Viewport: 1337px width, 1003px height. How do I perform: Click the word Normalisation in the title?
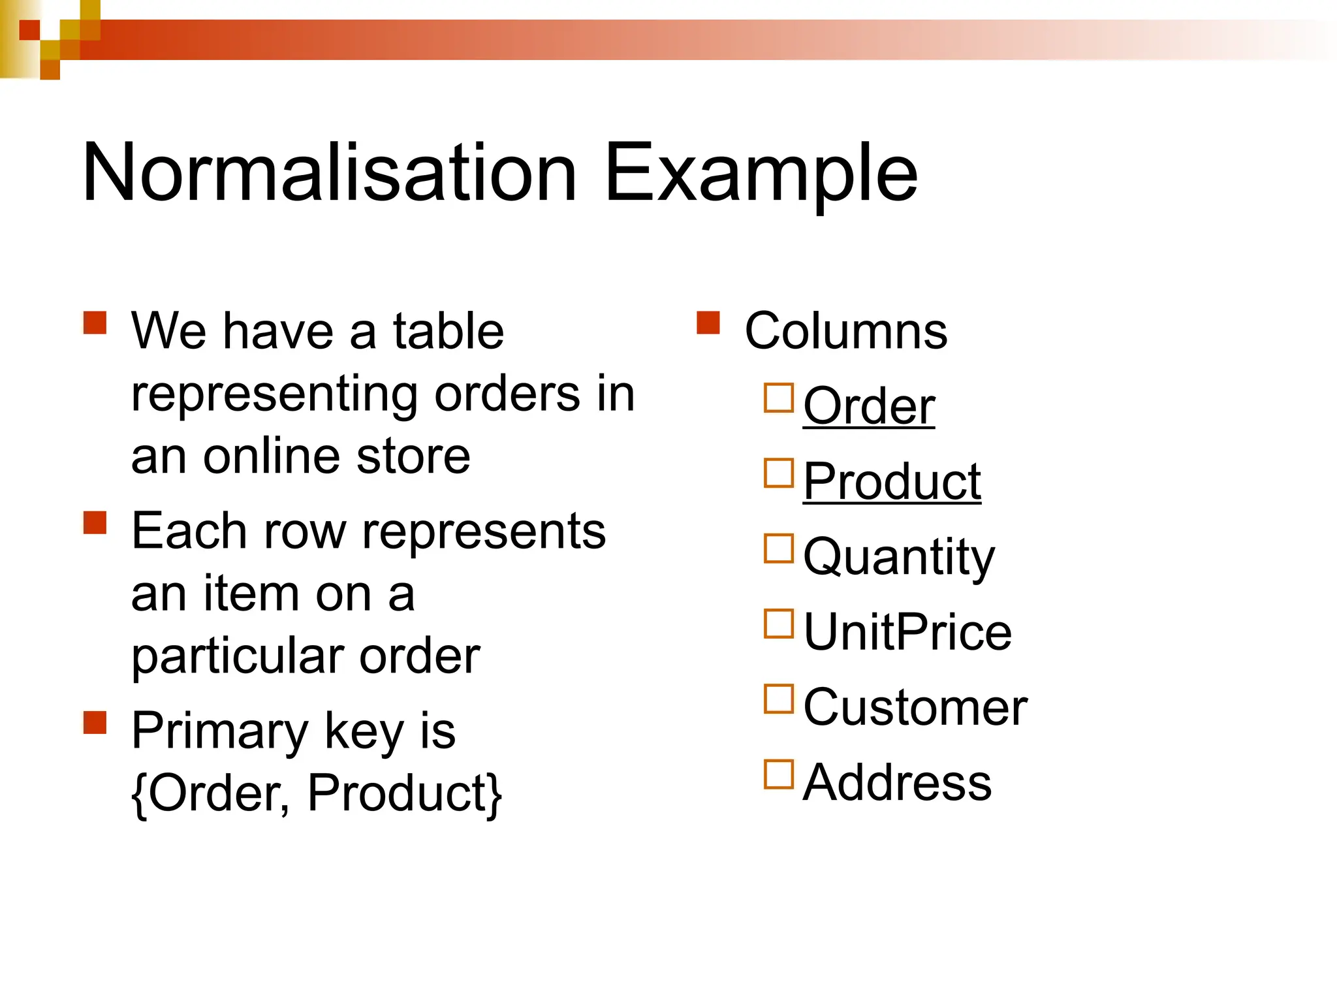(x=330, y=173)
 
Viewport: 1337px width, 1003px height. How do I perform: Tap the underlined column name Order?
(x=868, y=406)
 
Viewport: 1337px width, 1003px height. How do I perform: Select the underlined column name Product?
(x=892, y=481)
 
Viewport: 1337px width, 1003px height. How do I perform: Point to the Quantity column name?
(x=899, y=557)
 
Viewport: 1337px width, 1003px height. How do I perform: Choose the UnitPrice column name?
(x=907, y=632)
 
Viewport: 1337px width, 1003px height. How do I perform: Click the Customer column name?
(x=915, y=707)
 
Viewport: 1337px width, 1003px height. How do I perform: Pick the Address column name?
(x=897, y=782)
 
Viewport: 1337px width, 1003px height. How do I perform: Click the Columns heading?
(x=845, y=331)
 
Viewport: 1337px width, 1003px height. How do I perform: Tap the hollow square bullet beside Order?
(x=779, y=398)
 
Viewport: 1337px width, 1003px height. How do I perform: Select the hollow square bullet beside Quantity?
(x=779, y=549)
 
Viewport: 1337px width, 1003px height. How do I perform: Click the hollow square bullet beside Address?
(x=779, y=774)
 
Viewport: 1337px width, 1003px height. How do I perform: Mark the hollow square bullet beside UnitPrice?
(x=779, y=624)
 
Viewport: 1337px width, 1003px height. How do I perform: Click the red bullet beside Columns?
(x=708, y=323)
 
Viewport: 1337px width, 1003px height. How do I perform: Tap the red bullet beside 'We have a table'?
(x=95, y=323)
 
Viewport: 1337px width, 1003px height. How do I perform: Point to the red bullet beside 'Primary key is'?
(x=95, y=722)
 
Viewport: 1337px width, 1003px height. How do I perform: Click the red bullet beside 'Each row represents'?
(x=95, y=522)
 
